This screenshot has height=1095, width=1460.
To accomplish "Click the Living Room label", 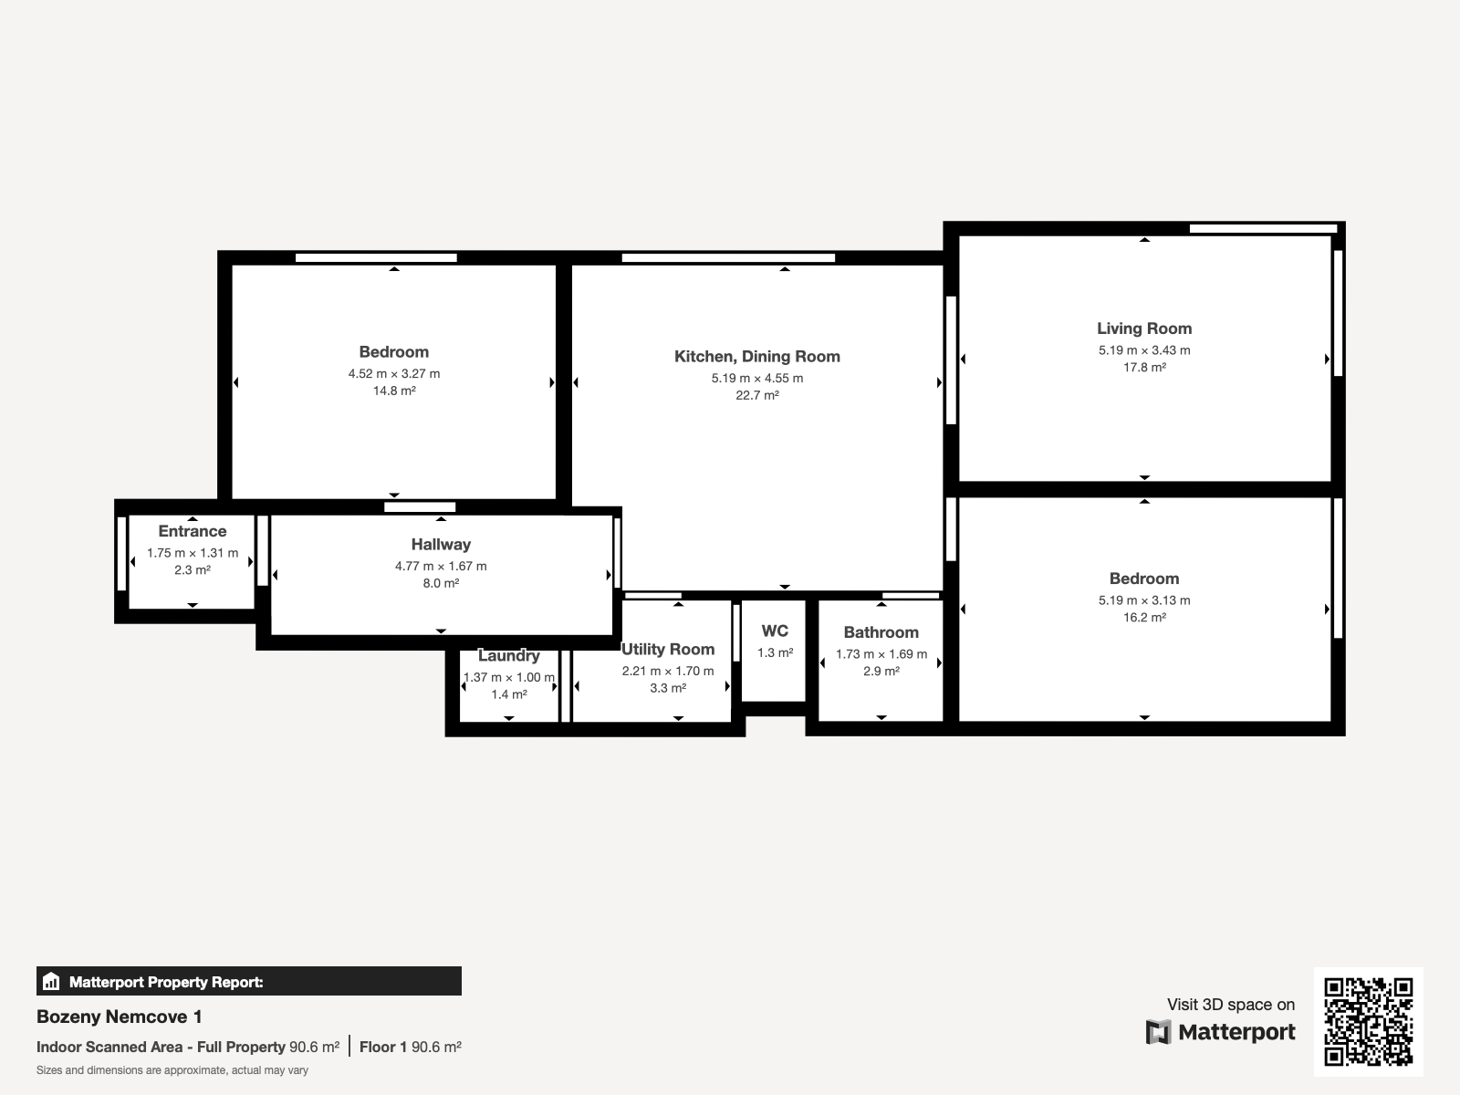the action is pos(1144,328).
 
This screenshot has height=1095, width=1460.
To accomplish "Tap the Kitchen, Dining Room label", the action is pos(757,357).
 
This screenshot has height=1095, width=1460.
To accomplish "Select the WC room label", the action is pos(775,631).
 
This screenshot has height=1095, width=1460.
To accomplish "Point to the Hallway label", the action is pos(441,545).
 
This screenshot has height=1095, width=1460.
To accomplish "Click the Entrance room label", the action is pos(193,531).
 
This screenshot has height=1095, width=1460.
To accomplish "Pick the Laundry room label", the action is pos(509,655).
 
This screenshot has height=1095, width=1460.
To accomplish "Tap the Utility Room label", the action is pos(668,650).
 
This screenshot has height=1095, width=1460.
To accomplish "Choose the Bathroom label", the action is pos(881,632).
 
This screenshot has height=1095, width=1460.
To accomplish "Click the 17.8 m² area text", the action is pos(1144,367).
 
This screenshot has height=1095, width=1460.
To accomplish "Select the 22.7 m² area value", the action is pos(757,395).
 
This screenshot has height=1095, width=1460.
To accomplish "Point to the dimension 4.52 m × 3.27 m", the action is pos(394,373).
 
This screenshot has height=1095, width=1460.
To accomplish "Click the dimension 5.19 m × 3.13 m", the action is pos(1144,600).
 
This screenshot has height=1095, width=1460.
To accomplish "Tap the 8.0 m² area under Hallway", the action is pos(441,583).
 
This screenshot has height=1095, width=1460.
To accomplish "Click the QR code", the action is pos(1368,1021).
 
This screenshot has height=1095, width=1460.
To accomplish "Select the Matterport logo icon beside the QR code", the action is pos(1159,1032).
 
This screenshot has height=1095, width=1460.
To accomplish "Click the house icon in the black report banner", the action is pos(51,981).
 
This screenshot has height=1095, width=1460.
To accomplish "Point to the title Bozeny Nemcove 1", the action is pos(119,1017).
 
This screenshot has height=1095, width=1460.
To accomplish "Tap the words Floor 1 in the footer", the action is pos(383,1048).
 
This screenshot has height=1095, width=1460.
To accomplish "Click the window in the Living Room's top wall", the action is pos(1263,229).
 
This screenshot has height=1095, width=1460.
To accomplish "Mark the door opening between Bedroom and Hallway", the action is pos(420,507).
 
